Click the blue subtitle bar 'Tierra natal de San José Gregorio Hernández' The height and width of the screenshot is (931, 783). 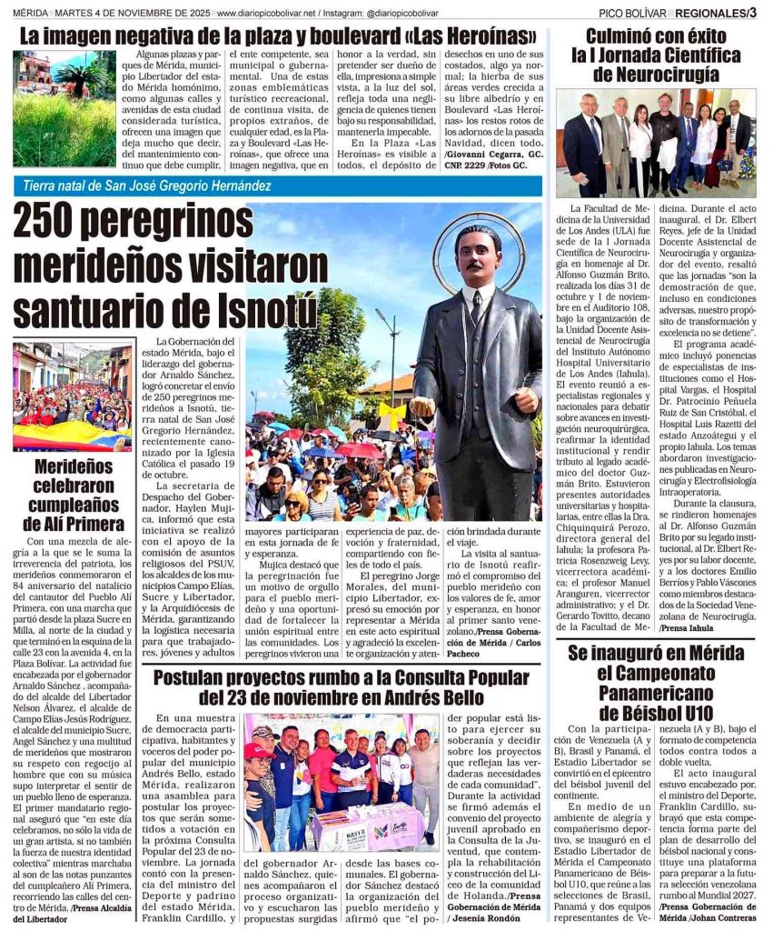(x=276, y=186)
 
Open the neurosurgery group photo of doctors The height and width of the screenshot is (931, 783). (x=656, y=144)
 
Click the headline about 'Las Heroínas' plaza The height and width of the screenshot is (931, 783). (x=276, y=37)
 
